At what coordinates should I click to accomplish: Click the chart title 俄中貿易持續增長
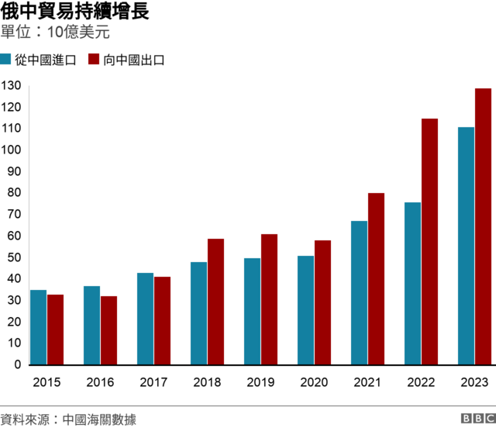pyautogui.click(x=75, y=12)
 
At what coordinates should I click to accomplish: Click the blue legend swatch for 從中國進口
pyautogui.click(x=6, y=60)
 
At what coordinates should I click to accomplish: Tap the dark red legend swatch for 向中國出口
pyautogui.click(x=95, y=60)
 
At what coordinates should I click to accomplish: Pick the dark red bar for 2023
pyautogui.click(x=483, y=226)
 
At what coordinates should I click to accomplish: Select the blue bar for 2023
pyautogui.click(x=466, y=246)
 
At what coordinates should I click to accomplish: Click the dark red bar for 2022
pyautogui.click(x=429, y=241)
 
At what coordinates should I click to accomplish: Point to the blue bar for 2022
pyautogui.click(x=412, y=283)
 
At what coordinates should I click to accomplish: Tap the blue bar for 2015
pyautogui.click(x=38, y=327)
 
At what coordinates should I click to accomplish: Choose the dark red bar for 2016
pyautogui.click(x=108, y=330)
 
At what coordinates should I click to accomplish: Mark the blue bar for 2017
pyautogui.click(x=145, y=319)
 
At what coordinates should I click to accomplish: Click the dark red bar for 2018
pyautogui.click(x=215, y=302)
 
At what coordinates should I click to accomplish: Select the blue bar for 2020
pyautogui.click(x=305, y=310)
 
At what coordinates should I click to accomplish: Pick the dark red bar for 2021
pyautogui.click(x=376, y=278)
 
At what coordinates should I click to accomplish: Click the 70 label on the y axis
pyautogui.click(x=14, y=215)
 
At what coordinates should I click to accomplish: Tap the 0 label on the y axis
pyautogui.click(x=17, y=364)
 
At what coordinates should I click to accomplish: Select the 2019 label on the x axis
pyautogui.click(x=260, y=381)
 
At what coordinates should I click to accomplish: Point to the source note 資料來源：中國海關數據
pyautogui.click(x=69, y=419)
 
